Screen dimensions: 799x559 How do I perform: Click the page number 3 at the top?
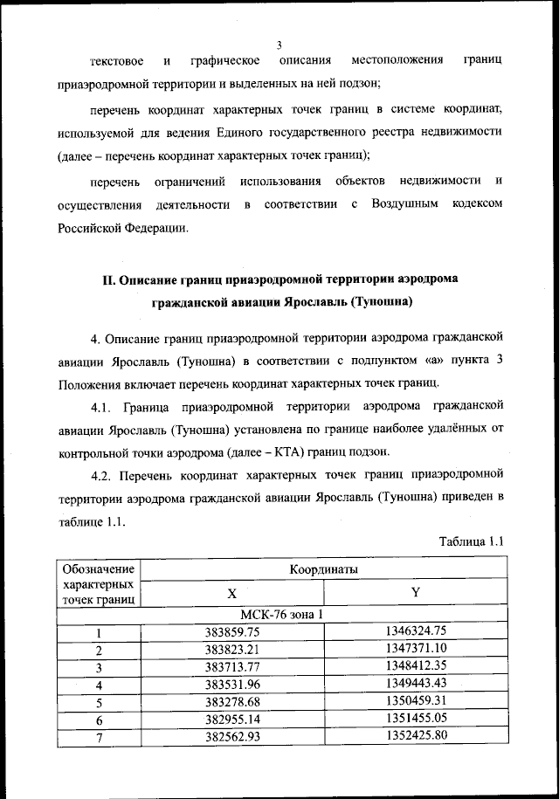279,45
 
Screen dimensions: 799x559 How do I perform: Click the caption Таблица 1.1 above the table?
470,542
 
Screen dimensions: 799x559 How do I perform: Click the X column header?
232,592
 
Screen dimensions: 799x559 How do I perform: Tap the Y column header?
416,592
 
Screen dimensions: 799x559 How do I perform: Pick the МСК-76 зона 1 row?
280,613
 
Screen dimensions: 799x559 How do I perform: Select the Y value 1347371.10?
416,649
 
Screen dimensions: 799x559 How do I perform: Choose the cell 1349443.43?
416,683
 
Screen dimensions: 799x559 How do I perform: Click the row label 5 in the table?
99,701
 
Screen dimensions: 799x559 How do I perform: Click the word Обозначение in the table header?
99,569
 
